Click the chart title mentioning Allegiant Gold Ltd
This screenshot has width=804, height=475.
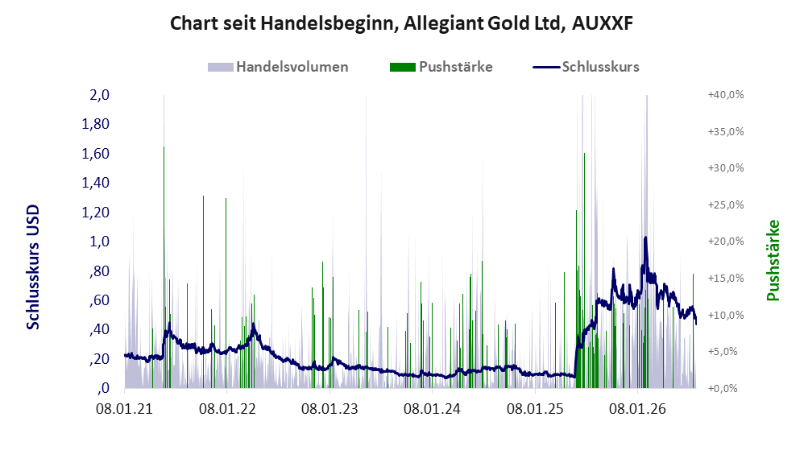[401, 23]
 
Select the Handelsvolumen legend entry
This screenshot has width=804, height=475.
[278, 67]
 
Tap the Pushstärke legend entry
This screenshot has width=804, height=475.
[441, 67]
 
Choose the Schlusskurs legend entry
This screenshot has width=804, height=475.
[586, 67]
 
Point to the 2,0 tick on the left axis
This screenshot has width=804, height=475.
[99, 95]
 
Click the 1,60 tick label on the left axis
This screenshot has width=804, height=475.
[96, 153]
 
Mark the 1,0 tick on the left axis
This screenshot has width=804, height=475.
[99, 242]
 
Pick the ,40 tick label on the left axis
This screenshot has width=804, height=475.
[99, 329]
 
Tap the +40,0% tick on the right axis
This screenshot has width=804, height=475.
[726, 95]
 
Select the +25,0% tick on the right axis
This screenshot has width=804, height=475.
[726, 205]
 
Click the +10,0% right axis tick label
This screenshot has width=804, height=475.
[726, 315]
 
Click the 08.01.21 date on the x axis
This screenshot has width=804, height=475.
[125, 409]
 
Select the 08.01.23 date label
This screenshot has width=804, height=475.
[329, 409]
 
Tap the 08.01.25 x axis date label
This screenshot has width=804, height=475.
[535, 409]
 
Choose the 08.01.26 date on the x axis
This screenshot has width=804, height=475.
[637, 409]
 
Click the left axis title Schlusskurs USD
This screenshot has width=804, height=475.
[33, 267]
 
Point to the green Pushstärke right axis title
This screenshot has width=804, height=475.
[773, 260]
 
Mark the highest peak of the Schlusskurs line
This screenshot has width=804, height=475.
[645, 237]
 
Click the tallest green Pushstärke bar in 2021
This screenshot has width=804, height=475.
[164, 267]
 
